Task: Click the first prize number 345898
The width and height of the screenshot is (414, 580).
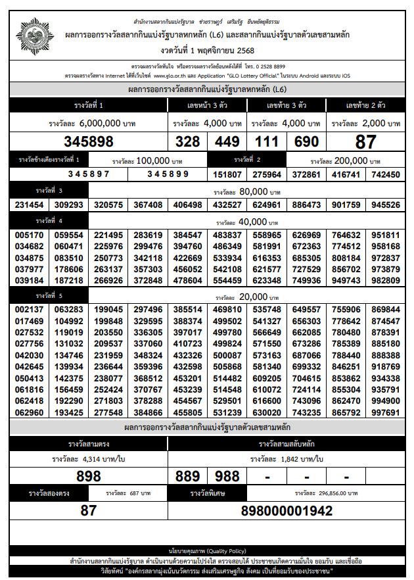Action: click(x=89, y=141)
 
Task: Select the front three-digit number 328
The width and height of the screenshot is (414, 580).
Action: click(x=187, y=141)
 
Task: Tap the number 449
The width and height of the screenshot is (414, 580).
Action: click(x=227, y=141)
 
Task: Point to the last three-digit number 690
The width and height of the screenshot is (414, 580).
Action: click(x=306, y=141)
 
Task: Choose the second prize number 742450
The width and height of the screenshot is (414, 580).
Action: click(x=386, y=174)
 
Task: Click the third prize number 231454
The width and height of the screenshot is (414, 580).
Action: click(x=29, y=205)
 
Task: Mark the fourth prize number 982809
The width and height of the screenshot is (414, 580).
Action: click(x=386, y=280)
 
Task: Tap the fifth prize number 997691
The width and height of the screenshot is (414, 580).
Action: click(x=386, y=412)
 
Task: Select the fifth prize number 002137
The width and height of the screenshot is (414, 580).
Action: click(x=29, y=309)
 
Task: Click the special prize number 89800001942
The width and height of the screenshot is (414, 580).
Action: click(x=287, y=510)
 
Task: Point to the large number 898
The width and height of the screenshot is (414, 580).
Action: click(x=89, y=476)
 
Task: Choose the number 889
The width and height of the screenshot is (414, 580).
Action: click(x=187, y=476)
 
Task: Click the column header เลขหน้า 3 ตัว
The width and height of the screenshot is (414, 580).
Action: click(x=207, y=105)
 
